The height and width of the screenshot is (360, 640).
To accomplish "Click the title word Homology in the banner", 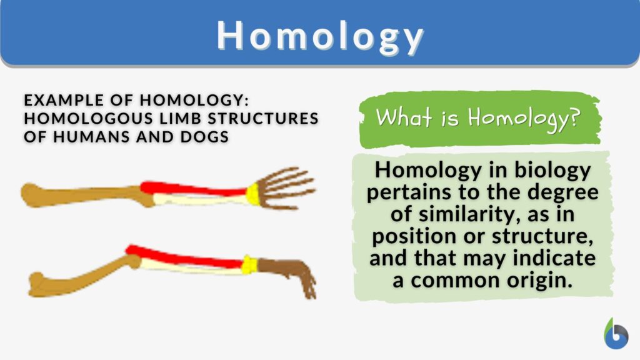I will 320,36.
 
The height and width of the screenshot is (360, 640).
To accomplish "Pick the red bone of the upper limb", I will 194,189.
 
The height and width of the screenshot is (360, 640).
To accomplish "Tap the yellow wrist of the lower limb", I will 249,266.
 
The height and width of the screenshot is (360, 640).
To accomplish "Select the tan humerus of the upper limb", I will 81,194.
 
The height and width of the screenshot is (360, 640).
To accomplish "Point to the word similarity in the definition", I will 461,214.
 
